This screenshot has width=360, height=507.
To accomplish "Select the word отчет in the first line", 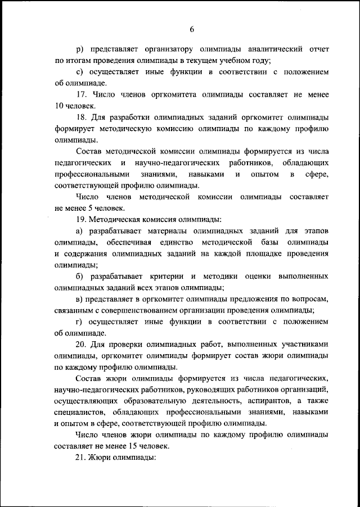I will tap(318, 49).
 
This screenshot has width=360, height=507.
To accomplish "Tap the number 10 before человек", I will tap(58, 106).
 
